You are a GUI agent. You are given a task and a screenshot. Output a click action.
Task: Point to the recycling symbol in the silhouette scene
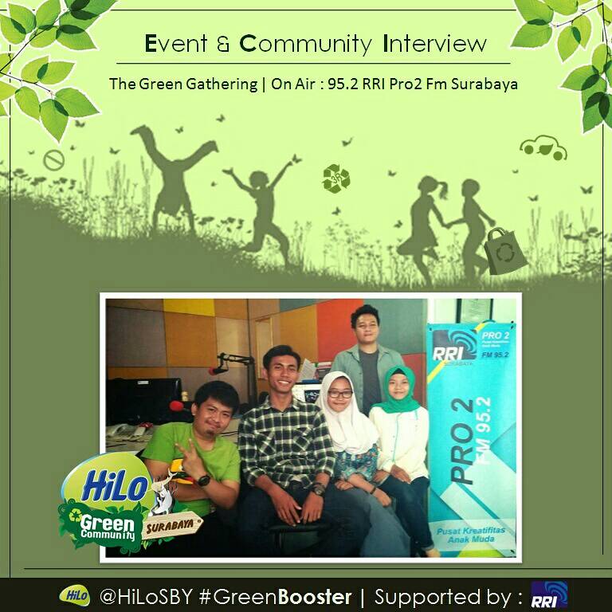[335, 178]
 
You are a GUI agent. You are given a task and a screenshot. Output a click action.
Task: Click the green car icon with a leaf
[543, 147]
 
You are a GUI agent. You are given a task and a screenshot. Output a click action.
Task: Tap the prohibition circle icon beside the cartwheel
[53, 161]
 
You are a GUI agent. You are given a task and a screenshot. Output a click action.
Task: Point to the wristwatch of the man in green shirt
[204, 479]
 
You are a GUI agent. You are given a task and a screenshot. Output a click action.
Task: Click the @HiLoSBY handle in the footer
[143, 595]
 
